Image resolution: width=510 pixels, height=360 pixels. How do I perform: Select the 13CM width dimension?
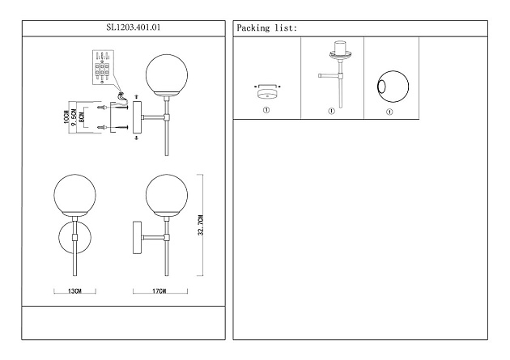click(74, 290)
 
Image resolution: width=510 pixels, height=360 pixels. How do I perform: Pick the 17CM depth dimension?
click(159, 290)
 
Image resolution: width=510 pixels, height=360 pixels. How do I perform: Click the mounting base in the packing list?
click(266, 91)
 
